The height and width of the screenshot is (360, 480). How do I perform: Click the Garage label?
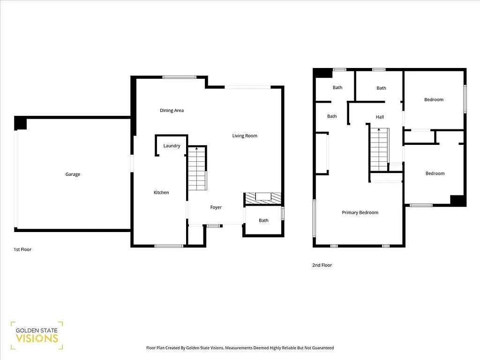(x=73, y=174)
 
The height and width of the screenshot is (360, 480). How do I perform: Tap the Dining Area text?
(x=172, y=111)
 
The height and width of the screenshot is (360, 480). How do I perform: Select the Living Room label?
(x=245, y=136)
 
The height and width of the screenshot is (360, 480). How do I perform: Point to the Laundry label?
(x=172, y=146)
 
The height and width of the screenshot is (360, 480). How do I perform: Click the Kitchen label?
(x=161, y=193)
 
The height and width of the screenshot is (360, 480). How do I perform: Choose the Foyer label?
(x=216, y=207)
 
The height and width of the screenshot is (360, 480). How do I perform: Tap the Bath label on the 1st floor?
(x=263, y=220)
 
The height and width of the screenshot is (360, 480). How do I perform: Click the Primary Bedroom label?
(x=360, y=213)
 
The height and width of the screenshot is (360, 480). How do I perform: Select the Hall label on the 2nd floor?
(x=380, y=117)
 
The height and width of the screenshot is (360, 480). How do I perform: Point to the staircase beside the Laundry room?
(x=197, y=169)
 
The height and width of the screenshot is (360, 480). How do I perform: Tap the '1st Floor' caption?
(x=22, y=250)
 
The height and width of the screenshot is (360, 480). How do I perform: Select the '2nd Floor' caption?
(x=322, y=265)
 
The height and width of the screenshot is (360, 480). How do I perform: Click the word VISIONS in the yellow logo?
(x=37, y=338)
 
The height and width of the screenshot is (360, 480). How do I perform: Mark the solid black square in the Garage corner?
(x=20, y=123)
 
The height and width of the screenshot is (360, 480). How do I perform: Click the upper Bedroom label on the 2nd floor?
(x=434, y=100)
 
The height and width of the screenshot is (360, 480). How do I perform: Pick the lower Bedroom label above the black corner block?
(x=435, y=173)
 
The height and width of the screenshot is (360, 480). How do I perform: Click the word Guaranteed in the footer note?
(x=322, y=348)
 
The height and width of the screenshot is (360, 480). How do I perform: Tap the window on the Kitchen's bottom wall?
(x=169, y=246)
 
